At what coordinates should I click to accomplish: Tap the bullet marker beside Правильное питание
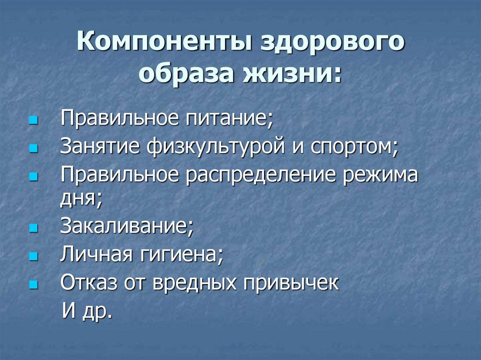(x=32, y=120)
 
